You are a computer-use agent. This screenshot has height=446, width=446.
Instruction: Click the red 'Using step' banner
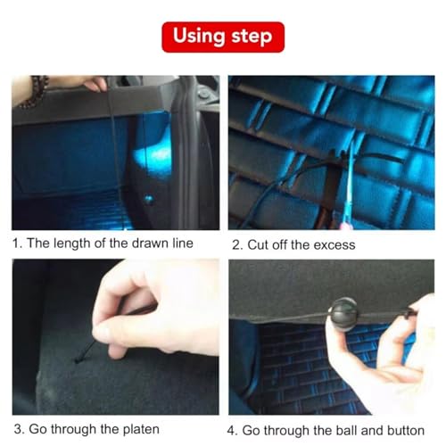(223, 37)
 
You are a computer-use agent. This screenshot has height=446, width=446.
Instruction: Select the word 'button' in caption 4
(406, 431)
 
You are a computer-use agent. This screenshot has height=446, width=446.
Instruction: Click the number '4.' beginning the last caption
(233, 431)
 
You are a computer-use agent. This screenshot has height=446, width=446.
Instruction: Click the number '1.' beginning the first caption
(17, 244)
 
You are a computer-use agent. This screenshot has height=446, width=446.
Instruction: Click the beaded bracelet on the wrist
(34, 90)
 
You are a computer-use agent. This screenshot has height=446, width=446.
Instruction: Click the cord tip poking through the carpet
(78, 360)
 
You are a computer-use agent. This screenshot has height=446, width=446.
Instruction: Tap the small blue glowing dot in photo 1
(148, 198)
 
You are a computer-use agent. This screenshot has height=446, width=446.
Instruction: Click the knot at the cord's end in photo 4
(409, 314)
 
